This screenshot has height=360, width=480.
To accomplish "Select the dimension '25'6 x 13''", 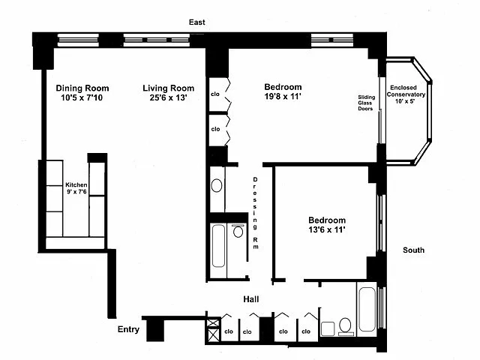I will click(x=168, y=97).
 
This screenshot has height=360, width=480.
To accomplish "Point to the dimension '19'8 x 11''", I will click(x=283, y=97).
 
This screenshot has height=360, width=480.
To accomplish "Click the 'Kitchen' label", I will click(x=76, y=185).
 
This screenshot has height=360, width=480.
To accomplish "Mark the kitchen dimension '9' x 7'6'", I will click(x=76, y=193).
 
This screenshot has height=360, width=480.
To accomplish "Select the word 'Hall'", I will click(x=251, y=299).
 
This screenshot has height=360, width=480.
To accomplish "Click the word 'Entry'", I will click(x=130, y=330).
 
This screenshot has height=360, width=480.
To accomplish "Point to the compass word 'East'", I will click(x=197, y=22).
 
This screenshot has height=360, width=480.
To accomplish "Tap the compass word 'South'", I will click(x=413, y=250).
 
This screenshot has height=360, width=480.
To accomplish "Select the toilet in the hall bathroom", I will click(x=346, y=325).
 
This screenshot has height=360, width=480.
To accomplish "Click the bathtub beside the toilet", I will click(x=369, y=310).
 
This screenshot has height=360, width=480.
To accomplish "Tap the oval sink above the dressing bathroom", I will click(x=217, y=185).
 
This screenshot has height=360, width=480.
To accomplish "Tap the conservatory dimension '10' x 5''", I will click(x=406, y=103).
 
